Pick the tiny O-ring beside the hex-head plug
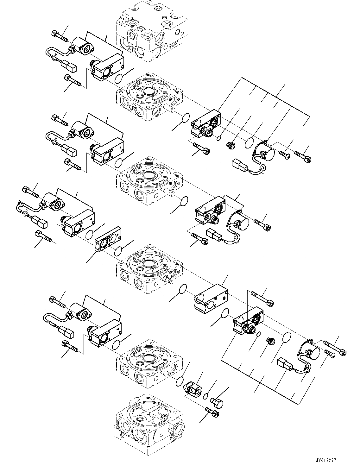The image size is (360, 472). tap(205, 396)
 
